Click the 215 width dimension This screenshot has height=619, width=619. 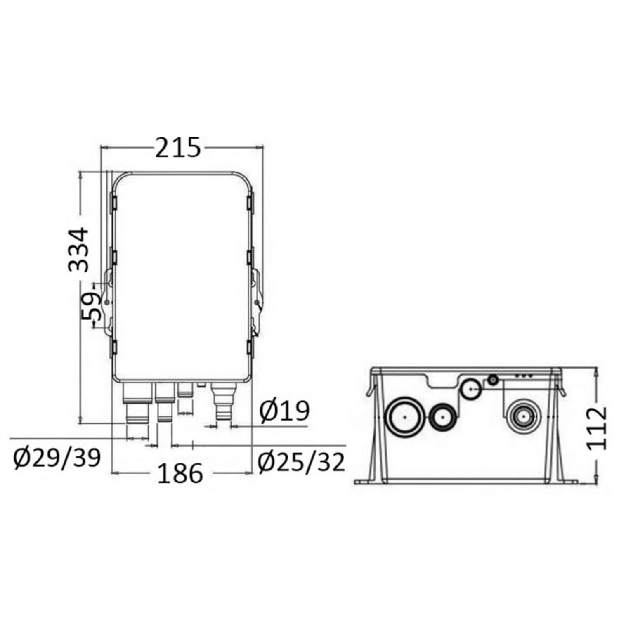tap(178, 147)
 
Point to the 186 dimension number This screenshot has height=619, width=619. tap(180, 473)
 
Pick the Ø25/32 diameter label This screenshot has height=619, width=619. tap(301, 462)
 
